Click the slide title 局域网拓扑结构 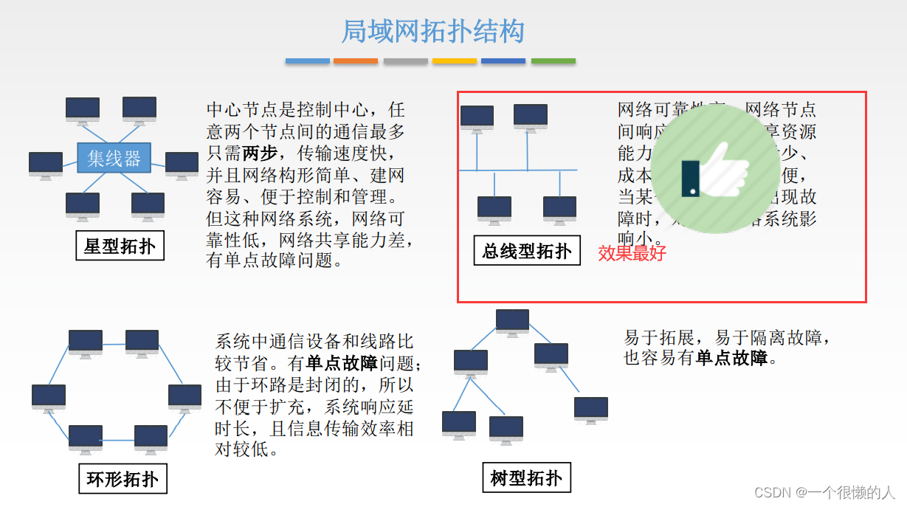432,32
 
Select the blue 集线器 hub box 114,158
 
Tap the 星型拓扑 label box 120,246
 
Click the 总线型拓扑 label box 527,252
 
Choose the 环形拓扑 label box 123,479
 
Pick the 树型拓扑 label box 526,479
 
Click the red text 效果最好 632,253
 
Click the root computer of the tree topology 512,322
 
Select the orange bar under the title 356,61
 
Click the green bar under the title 553,61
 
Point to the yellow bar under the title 454,61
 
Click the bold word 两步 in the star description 260,154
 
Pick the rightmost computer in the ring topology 184,397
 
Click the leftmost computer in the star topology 46,164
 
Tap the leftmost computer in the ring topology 49,397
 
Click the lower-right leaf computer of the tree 591,410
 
